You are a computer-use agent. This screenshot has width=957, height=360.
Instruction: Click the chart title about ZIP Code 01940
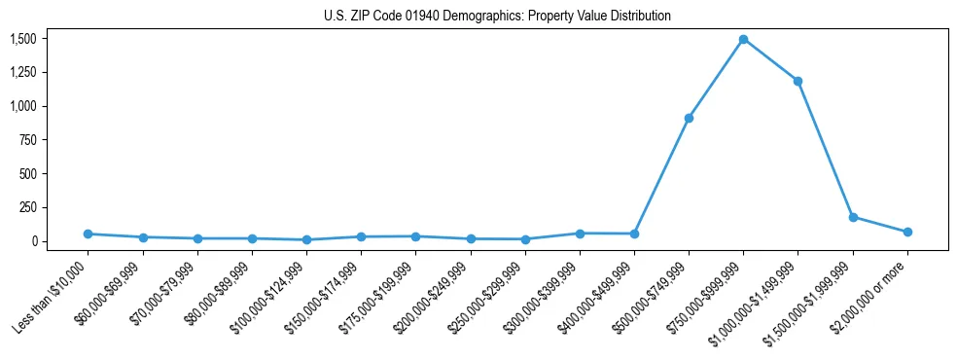[x=497, y=17]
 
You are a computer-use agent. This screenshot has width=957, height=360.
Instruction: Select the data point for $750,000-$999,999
[x=743, y=39]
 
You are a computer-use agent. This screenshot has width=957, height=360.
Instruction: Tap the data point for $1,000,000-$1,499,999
[x=797, y=81]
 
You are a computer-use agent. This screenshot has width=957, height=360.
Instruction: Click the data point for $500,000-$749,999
[x=689, y=118]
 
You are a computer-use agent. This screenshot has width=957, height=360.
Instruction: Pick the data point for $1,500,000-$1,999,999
[x=853, y=217]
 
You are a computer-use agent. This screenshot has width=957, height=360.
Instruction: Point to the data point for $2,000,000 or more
[x=907, y=232]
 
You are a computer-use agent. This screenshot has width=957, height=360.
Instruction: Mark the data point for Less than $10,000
[x=89, y=234]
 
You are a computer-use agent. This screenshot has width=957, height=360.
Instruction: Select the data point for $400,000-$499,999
[x=634, y=234]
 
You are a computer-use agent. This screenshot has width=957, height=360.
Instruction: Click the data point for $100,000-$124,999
[x=306, y=239]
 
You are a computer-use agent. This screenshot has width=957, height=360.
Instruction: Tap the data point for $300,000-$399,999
[x=580, y=234]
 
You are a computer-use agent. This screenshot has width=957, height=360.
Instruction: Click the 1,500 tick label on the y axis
[x=23, y=39]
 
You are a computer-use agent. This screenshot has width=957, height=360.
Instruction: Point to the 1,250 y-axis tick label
[x=23, y=73]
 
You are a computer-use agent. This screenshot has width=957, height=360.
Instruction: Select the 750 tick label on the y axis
[x=28, y=140]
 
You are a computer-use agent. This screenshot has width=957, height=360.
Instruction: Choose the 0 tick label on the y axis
[x=34, y=241]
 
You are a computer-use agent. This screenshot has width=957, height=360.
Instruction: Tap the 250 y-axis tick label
[x=28, y=207]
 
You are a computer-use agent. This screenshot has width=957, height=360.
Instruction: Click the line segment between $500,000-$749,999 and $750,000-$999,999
[x=716, y=79]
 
